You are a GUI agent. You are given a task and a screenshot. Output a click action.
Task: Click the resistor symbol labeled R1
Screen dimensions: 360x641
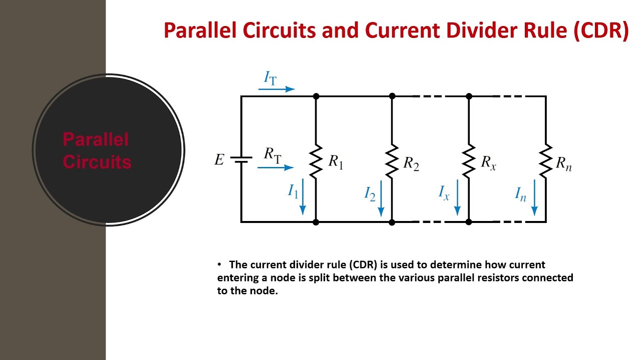pyautogui.click(x=315, y=160)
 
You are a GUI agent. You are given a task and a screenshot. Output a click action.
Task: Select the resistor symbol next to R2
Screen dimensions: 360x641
pyautogui.click(x=392, y=160)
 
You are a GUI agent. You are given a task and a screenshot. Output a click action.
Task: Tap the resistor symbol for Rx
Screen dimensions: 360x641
pyautogui.click(x=469, y=160)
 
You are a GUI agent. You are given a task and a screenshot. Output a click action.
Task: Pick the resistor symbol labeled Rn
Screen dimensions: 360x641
pyautogui.click(x=545, y=160)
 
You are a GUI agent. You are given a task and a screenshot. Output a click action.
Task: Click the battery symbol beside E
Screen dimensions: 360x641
pyautogui.click(x=241, y=159)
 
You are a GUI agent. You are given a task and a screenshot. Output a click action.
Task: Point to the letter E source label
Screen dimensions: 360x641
pyautogui.click(x=219, y=160)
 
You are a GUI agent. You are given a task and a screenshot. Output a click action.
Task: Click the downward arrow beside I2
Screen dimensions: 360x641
pyautogui.click(x=381, y=198)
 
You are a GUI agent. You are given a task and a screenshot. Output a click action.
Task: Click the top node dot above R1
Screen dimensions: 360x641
pyautogui.click(x=315, y=96)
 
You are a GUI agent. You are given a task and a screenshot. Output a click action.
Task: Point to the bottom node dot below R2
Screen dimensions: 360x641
pyautogui.click(x=392, y=221)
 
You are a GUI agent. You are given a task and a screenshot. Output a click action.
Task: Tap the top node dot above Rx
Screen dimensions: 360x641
pyautogui.click(x=469, y=96)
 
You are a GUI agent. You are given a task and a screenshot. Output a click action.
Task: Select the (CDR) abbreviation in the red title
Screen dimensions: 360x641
pyautogui.click(x=600, y=31)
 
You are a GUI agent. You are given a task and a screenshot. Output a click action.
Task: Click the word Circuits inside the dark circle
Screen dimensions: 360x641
pyautogui.click(x=97, y=162)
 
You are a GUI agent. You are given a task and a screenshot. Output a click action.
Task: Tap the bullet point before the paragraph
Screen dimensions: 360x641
pyautogui.click(x=219, y=264)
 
